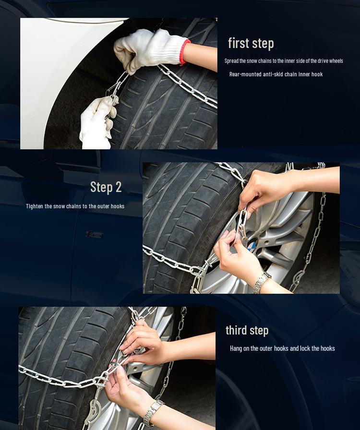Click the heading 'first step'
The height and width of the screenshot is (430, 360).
point(251,43)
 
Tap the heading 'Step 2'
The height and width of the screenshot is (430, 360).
point(106,187)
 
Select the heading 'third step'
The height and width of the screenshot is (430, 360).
point(247,330)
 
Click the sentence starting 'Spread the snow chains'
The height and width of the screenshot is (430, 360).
point(284,61)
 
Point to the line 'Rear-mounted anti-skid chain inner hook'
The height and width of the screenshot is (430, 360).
point(276,74)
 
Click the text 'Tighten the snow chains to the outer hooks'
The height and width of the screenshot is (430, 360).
point(75,206)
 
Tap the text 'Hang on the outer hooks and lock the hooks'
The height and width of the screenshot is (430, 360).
point(282,348)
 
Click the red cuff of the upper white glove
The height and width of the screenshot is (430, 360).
point(184,52)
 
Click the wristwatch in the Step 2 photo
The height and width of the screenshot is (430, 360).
point(262,282)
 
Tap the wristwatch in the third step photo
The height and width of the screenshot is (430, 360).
point(153,413)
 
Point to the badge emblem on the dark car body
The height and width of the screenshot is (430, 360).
point(94,235)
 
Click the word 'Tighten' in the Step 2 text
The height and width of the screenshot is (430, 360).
point(35,206)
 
